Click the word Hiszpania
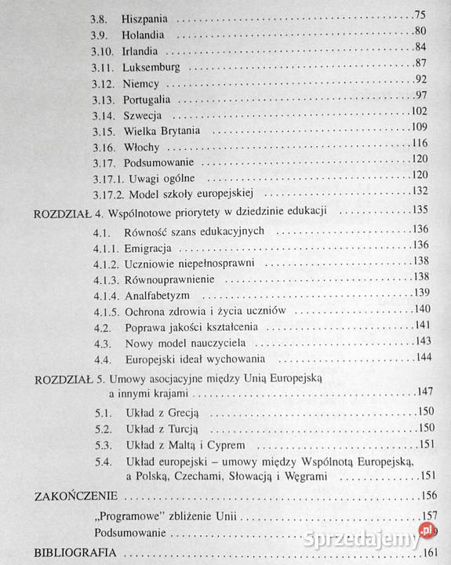(x=149, y=17)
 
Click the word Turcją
(x=181, y=430)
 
